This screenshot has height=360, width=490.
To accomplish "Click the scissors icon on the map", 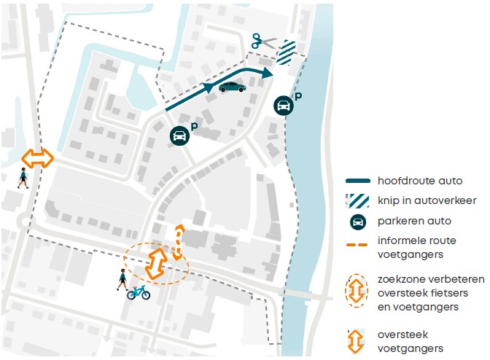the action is [x=264, y=42].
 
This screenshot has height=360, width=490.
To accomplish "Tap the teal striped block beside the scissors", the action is [x=286, y=52].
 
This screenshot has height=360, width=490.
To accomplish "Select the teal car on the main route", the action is [x=232, y=87].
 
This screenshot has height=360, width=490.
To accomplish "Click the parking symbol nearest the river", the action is [x=284, y=105].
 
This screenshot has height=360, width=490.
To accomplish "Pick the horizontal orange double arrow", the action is [x=37, y=158].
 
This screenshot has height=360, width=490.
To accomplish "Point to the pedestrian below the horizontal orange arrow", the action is [x=23, y=178].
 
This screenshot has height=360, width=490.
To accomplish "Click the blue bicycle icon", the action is [x=139, y=292].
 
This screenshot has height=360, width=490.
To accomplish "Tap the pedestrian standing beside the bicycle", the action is [x=122, y=279].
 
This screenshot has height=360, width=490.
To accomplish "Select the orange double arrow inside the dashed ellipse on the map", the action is [x=156, y=263].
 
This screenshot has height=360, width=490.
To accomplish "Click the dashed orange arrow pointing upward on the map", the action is [x=179, y=242].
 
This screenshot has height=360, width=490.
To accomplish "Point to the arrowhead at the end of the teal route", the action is [x=267, y=73].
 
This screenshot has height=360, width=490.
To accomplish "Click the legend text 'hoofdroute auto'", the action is [x=420, y=181].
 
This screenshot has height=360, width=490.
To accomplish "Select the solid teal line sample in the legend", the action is [x=358, y=181].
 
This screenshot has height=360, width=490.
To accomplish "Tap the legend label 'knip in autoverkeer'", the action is [x=427, y=200].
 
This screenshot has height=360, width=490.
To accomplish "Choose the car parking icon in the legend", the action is [x=358, y=222].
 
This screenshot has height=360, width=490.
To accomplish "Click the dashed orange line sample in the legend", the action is [x=357, y=245].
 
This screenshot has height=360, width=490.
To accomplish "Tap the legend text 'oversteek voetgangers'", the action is [x=411, y=341].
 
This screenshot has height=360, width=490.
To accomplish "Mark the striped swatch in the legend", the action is [x=357, y=201].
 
